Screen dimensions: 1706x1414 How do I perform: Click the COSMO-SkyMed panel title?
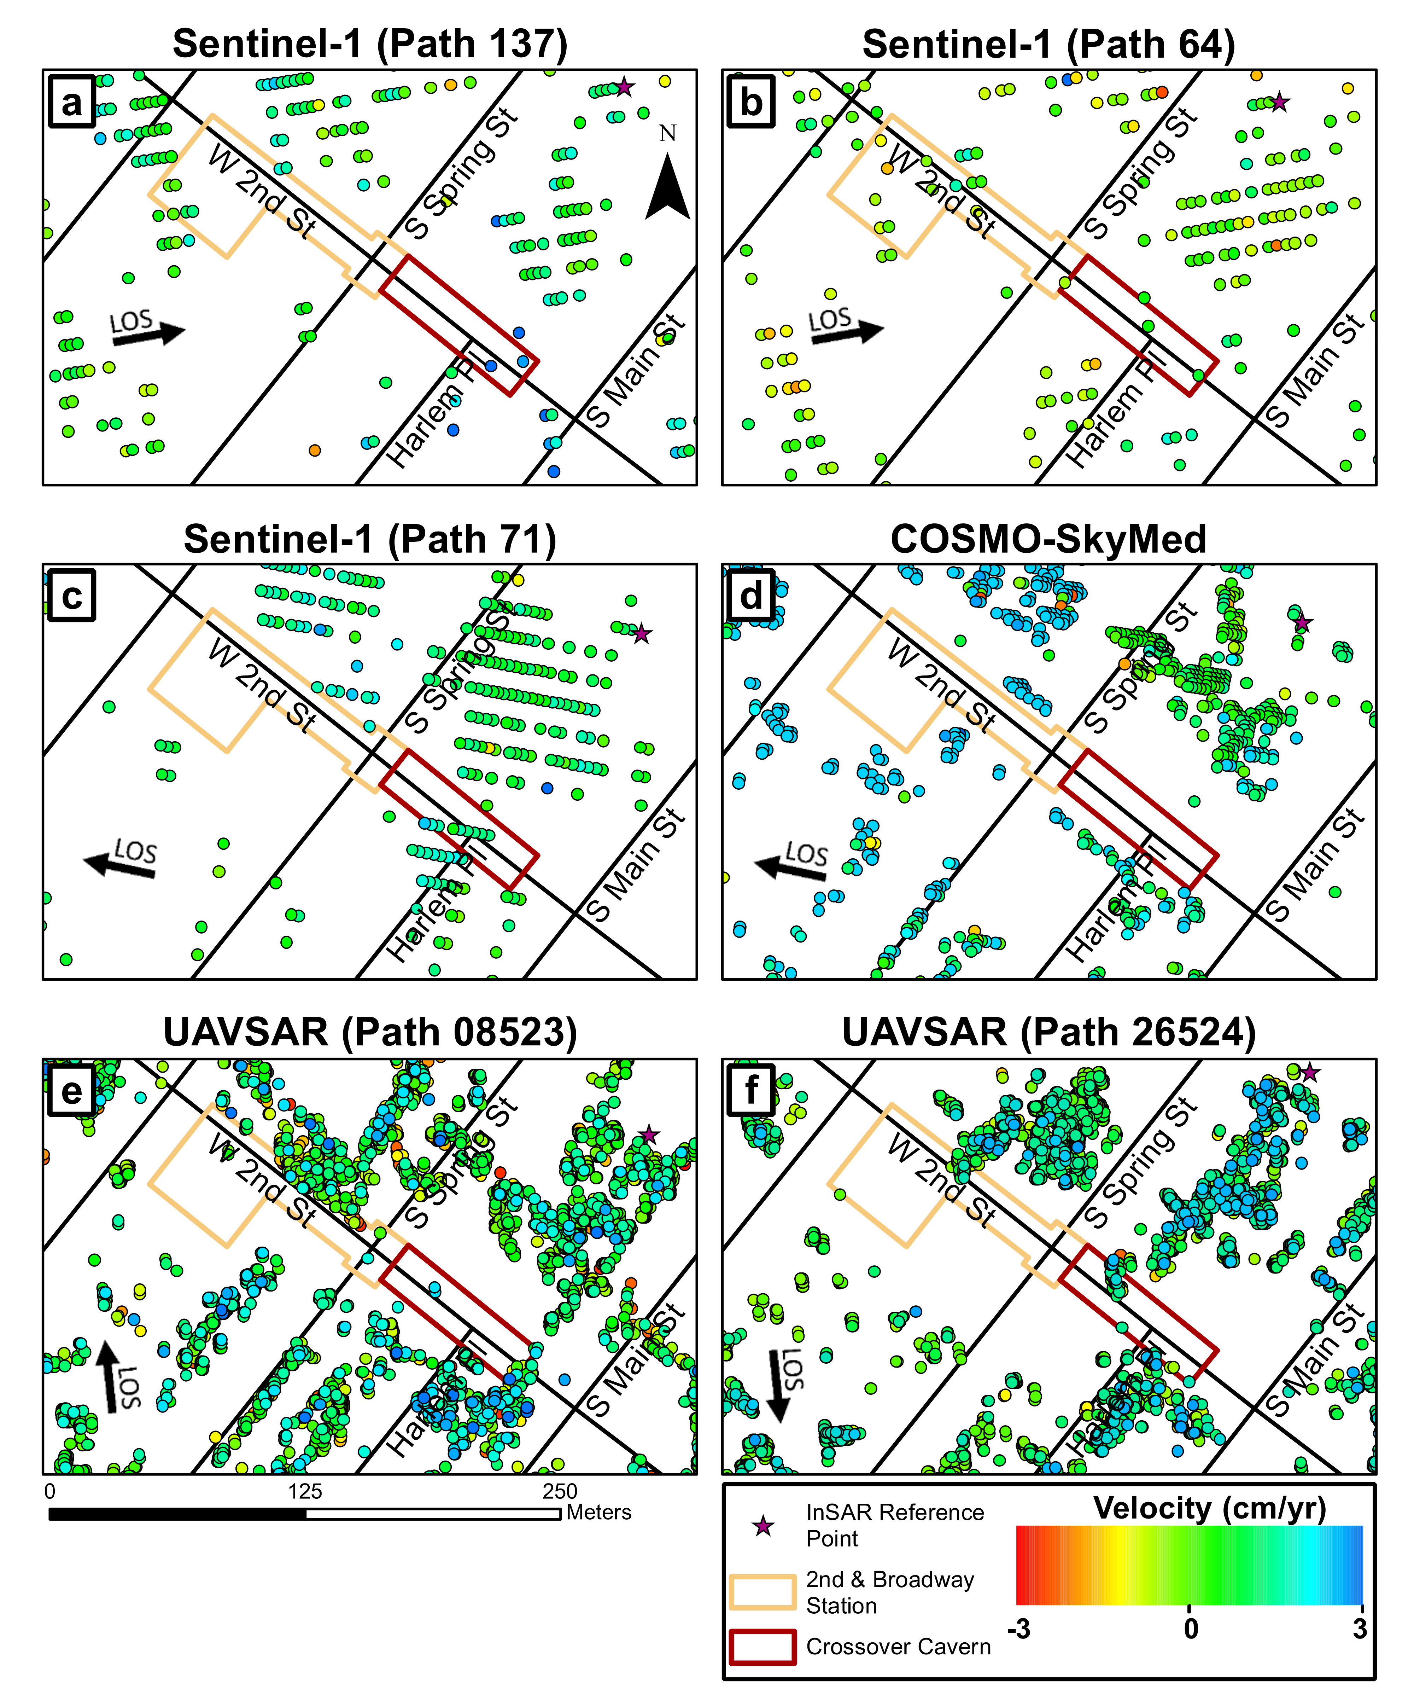pyautogui.click(x=1048, y=539)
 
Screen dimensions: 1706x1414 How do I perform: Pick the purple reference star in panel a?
pyautogui.click(x=624, y=87)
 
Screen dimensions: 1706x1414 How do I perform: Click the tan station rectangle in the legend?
pyautogui.click(x=762, y=1592)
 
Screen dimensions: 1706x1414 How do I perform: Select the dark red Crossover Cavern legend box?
pyautogui.click(x=762, y=1648)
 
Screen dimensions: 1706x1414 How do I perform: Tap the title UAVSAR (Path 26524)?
pyautogui.click(x=1048, y=1033)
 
